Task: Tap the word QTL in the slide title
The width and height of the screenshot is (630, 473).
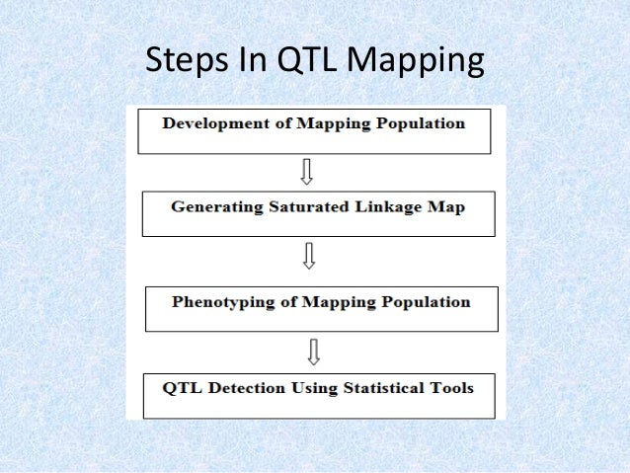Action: [x=294, y=60]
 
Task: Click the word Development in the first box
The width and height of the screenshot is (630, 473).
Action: [x=211, y=123]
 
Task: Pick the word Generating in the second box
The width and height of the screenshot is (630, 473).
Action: [x=209, y=208]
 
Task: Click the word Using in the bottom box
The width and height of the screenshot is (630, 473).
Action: [x=312, y=387]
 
